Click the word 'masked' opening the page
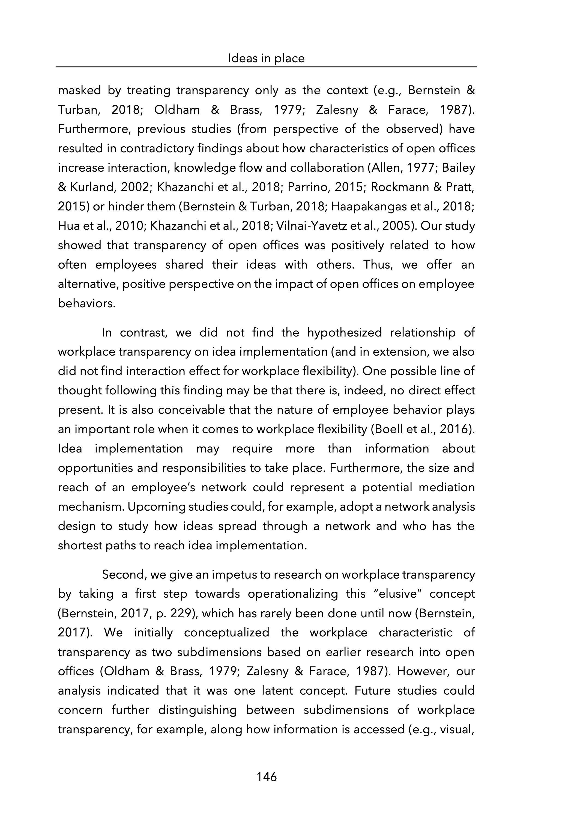coord(79,90)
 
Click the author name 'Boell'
coord(387,429)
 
